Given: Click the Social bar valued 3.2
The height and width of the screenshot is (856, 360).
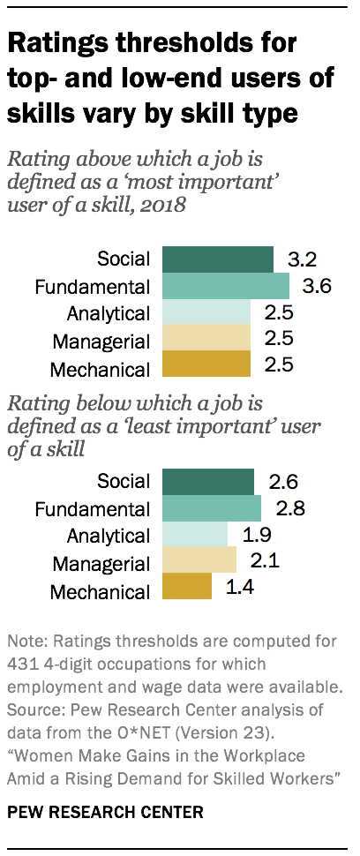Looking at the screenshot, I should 212,259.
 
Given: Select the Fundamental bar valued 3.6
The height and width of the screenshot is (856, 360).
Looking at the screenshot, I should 220,286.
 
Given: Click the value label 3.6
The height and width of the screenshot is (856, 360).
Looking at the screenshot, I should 319,286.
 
